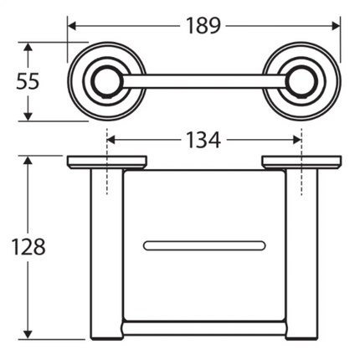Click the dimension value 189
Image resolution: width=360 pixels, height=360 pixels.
click(x=203, y=25)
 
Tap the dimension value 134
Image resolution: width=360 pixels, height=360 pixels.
click(x=203, y=140)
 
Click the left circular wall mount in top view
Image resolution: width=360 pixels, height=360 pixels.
click(x=106, y=82)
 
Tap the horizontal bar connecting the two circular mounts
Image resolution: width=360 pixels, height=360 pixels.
click(x=203, y=82)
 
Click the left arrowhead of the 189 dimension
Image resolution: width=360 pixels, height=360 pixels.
click(x=72, y=25)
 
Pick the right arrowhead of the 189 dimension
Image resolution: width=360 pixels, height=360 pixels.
click(x=337, y=25)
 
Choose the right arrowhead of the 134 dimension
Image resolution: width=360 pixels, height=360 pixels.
click(x=296, y=140)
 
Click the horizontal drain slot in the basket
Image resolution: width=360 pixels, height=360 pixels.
click(x=203, y=245)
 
